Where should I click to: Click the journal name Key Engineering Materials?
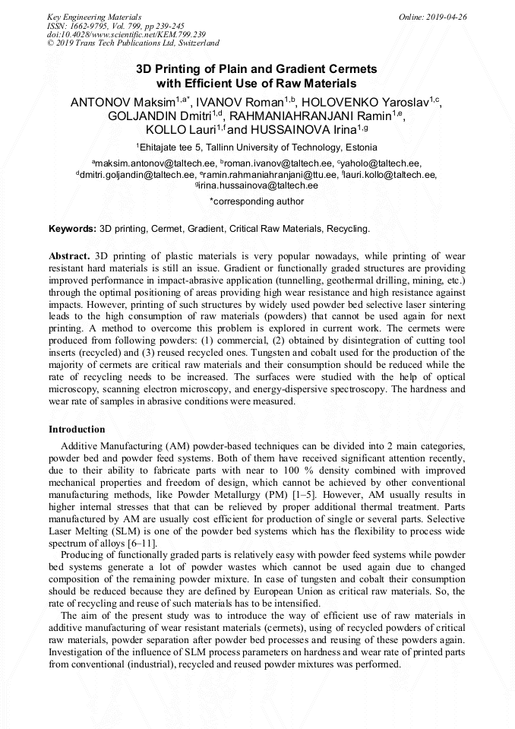pos(94,17)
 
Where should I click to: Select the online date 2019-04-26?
pos(445,17)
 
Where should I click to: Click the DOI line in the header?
pos(125,35)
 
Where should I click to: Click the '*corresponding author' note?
pos(257,201)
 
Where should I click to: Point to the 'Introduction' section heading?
pos(77,429)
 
